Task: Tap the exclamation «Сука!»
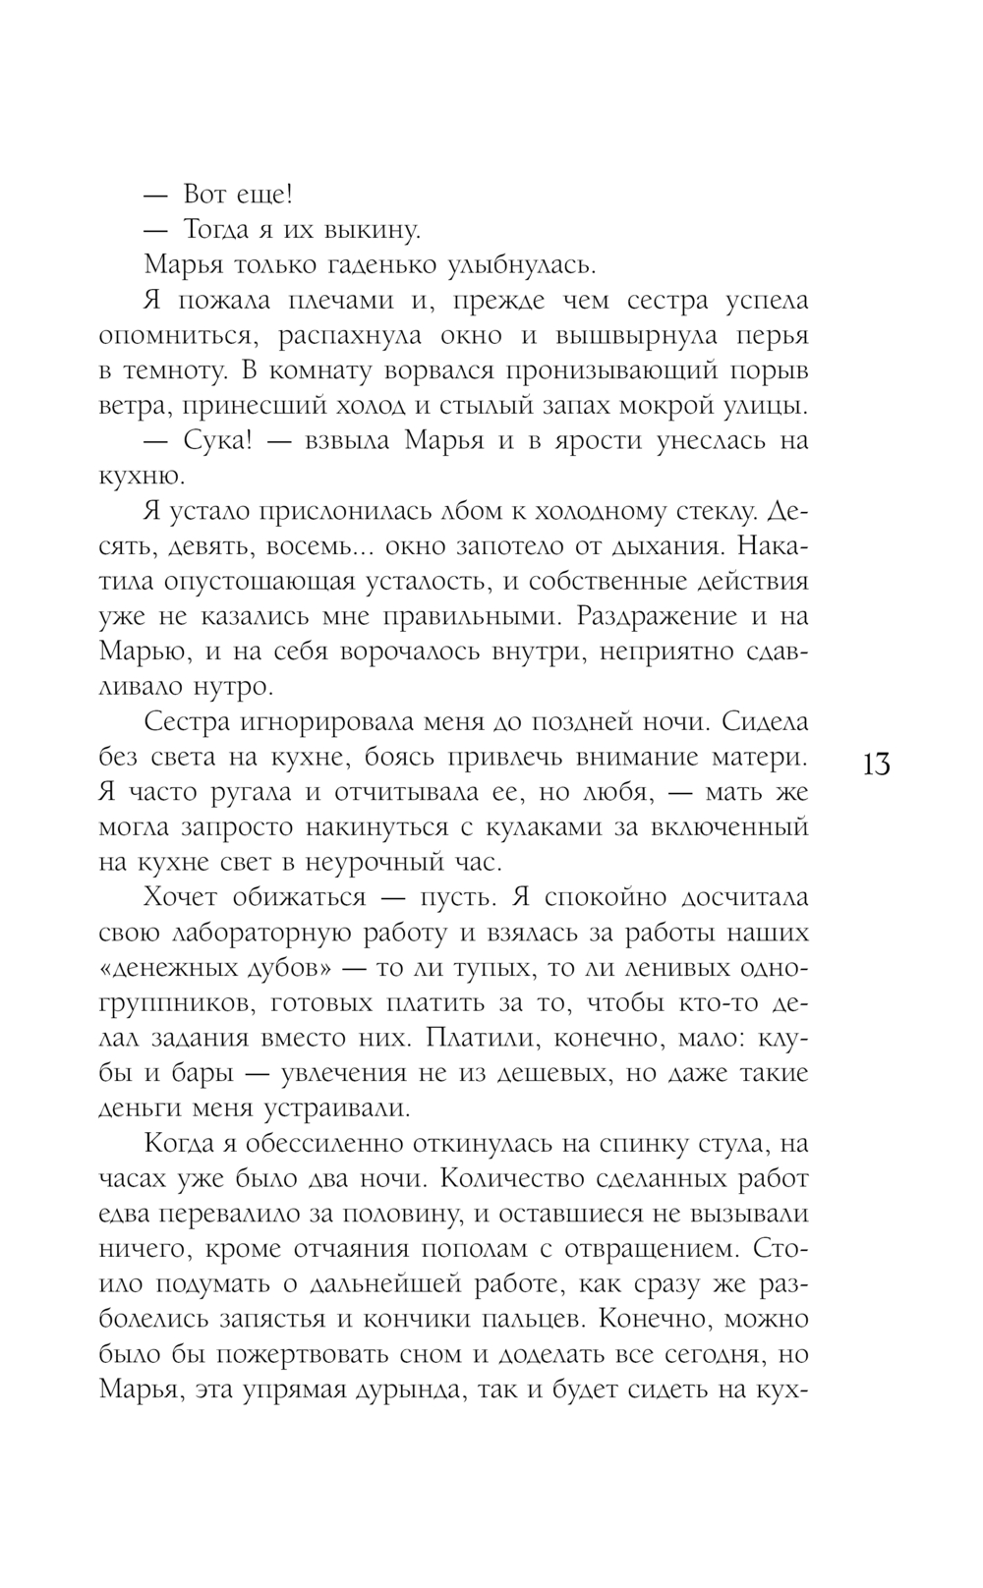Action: [x=218, y=441]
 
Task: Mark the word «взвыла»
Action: [x=337, y=441]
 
